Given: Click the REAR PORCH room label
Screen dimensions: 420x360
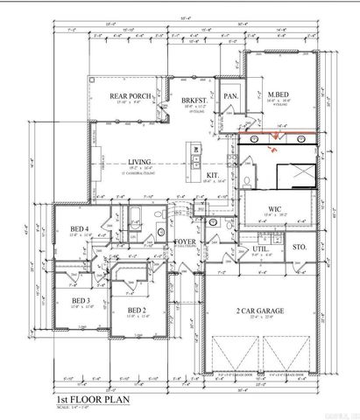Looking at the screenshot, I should coord(130,96).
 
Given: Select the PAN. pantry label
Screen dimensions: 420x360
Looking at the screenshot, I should coord(231,96).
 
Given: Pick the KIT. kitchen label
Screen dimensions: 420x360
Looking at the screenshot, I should coord(211,176).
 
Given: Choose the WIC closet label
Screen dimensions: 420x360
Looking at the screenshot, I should coord(273,209).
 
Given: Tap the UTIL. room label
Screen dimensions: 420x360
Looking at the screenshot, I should coord(260,248).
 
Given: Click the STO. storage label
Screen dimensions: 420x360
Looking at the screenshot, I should coord(300,248).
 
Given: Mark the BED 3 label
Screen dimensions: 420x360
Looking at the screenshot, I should coord(81,300).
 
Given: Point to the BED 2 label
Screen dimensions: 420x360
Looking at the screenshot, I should coord(137,310).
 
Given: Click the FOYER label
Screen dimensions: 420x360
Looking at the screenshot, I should coord(186,241).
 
